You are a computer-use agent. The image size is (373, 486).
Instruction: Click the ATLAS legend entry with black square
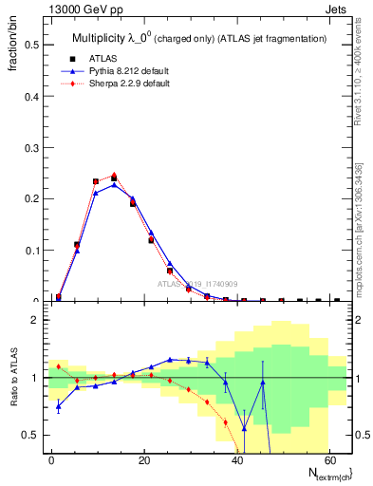click(x=101, y=59)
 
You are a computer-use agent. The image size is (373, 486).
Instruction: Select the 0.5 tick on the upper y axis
click(x=34, y=44)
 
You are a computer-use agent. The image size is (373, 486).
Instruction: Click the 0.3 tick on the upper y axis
click(x=34, y=147)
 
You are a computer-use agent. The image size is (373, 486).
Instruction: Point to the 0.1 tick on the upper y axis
click(x=34, y=251)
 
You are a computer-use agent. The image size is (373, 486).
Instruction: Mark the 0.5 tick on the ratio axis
click(x=34, y=435)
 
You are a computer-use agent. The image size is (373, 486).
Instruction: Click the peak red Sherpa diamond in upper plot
click(x=114, y=175)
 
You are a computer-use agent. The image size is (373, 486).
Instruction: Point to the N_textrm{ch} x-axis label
click(x=324, y=474)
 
